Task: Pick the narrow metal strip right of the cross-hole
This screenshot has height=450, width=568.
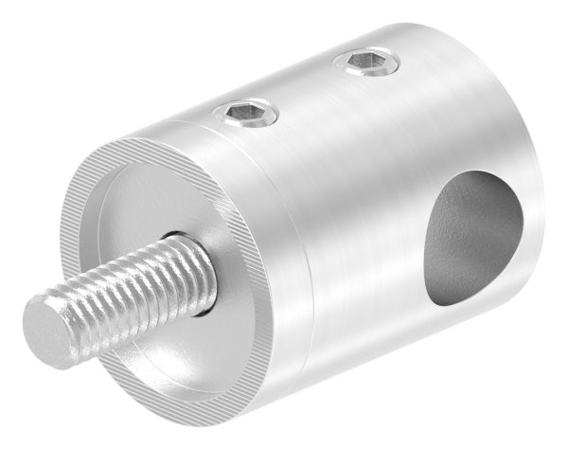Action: click(x=535, y=218)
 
